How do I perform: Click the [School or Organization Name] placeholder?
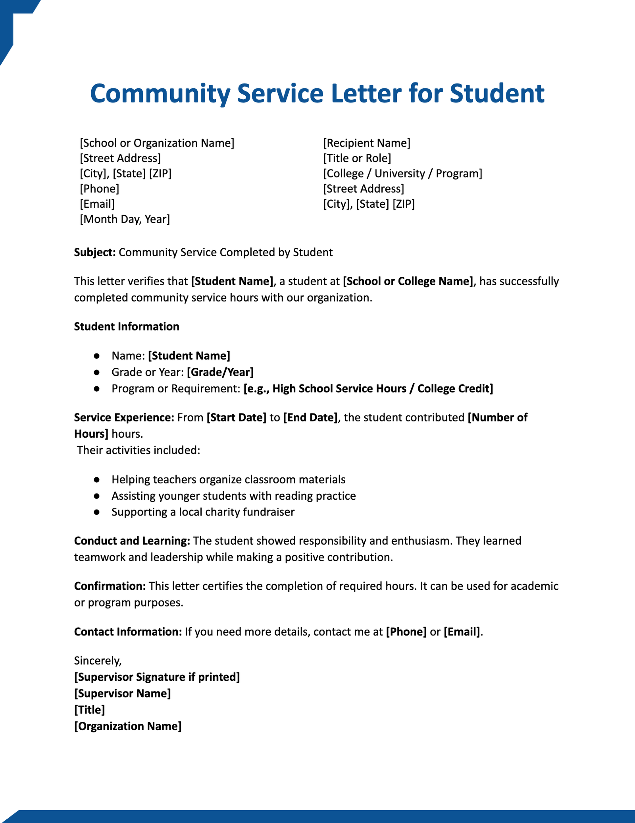pos(157,143)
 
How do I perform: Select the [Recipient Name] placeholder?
pos(366,143)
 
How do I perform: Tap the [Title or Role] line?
pos(357,158)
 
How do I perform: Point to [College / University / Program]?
pos(402,174)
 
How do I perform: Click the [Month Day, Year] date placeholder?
pos(125,219)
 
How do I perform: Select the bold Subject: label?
pos(95,252)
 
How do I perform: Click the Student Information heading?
pos(127,326)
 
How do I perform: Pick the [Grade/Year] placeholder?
pos(220,372)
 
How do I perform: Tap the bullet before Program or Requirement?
pos(96,389)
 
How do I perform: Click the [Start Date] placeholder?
pos(237,417)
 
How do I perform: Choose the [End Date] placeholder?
pos(310,417)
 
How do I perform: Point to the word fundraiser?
pos(268,512)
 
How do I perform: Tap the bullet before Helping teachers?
pos(96,480)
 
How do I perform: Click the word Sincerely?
pos(98,661)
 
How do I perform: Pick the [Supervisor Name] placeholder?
pos(122,694)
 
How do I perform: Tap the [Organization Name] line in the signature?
pos(128,726)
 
